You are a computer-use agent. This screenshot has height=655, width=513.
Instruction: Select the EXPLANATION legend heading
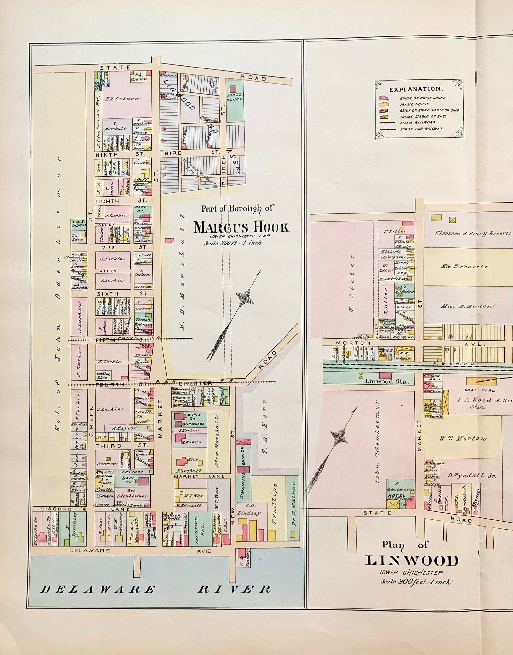point(415,89)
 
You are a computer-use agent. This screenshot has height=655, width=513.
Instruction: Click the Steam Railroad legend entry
point(417,122)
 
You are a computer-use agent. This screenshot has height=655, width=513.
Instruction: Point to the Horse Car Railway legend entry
point(421,129)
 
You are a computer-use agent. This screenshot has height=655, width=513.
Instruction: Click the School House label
point(235,97)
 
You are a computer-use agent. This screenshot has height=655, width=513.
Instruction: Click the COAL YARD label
point(475,390)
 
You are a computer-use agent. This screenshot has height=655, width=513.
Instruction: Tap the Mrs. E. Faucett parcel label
point(465,266)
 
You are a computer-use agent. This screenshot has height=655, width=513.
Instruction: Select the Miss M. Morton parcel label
point(466,306)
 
